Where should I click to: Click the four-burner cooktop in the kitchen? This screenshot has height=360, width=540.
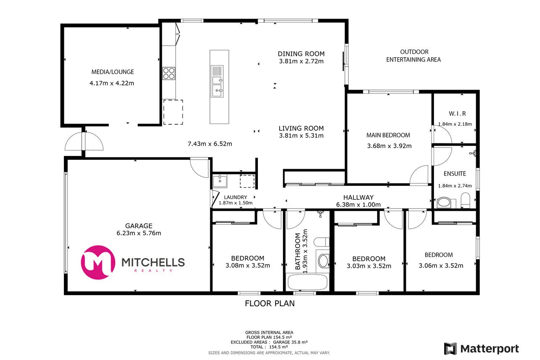tap(169, 73)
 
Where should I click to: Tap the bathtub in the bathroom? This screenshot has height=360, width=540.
tap(307, 282)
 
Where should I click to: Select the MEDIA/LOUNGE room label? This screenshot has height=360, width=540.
tap(113, 72)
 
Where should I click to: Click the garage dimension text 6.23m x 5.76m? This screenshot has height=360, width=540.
tap(139, 233)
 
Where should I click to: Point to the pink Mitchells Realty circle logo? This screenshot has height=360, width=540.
tap(98, 262)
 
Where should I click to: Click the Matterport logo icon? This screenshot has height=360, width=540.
tap(450, 349)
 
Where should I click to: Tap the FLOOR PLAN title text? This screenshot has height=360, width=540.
tap(270, 303)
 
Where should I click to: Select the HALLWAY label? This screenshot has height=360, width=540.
tap(358, 198)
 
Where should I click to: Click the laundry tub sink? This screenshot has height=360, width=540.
tap(220, 182)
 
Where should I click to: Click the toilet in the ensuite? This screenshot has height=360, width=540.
tap(466, 200)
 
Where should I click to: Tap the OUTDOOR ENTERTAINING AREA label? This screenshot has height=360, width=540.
tap(413, 56)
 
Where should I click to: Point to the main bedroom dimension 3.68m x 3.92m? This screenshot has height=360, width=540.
tap(389, 146)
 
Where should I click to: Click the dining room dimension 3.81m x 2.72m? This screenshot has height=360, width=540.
tap(302, 61)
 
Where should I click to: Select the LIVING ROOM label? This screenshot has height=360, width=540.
tap(301, 128)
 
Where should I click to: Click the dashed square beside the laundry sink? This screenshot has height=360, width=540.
tap(247, 181)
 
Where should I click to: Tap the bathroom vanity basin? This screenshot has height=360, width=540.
tap(323, 261)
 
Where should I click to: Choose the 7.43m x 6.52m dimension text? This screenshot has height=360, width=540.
tap(210, 144)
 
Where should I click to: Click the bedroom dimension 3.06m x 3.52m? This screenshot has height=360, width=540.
tap(441, 266)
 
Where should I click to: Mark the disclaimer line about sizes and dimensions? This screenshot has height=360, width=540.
tap(269, 353)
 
